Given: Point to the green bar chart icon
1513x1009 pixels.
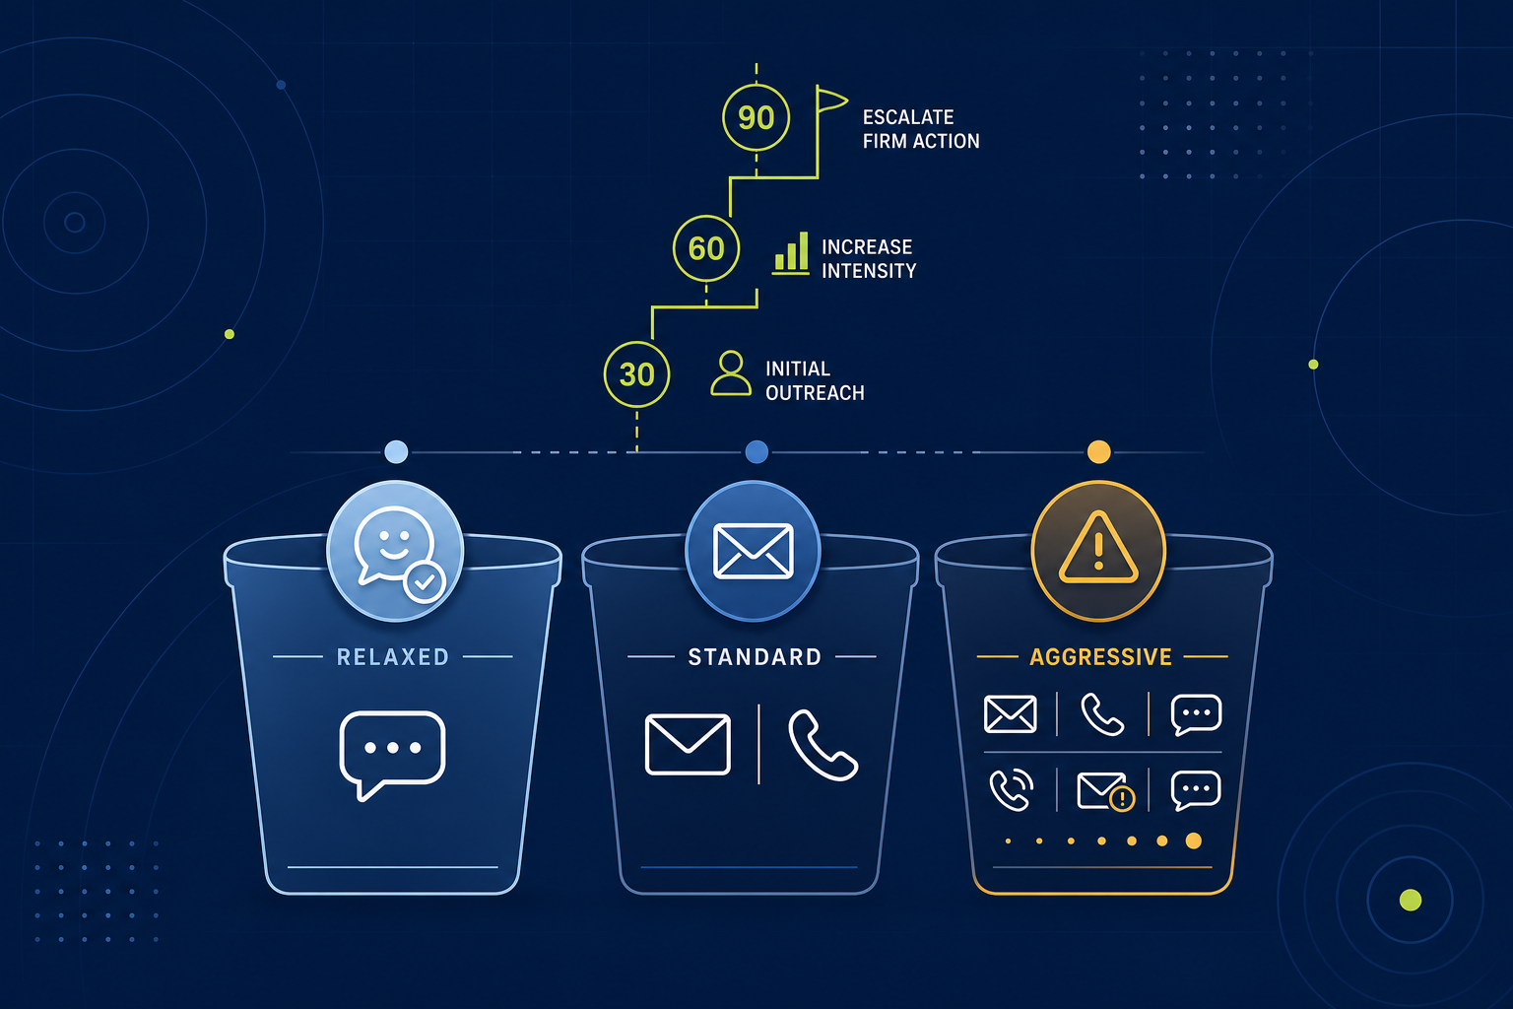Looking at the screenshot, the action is point(790,253).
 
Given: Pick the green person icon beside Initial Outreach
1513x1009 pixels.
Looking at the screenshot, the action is point(731,372).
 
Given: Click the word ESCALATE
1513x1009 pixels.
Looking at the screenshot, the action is point(908,117).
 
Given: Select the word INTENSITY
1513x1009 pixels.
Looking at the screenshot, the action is point(869,271).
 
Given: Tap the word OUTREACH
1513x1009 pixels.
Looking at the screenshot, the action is point(815,392).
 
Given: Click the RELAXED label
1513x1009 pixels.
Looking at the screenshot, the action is point(392,657).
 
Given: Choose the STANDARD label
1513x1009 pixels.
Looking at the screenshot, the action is point(755,657).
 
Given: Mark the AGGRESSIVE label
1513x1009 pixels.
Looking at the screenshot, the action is point(1100,657).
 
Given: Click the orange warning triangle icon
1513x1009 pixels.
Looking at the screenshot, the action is point(1098,548).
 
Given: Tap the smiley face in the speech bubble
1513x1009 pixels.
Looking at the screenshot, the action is point(394,545).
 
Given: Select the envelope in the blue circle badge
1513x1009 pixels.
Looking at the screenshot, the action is point(754,551).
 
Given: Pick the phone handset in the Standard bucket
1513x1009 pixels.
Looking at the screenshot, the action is point(822,746).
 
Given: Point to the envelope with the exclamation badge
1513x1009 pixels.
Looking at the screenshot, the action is point(1105,791).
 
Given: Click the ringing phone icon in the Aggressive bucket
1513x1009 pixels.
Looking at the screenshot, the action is point(1012,789).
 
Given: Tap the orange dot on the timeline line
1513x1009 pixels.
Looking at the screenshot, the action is point(1099,451).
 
